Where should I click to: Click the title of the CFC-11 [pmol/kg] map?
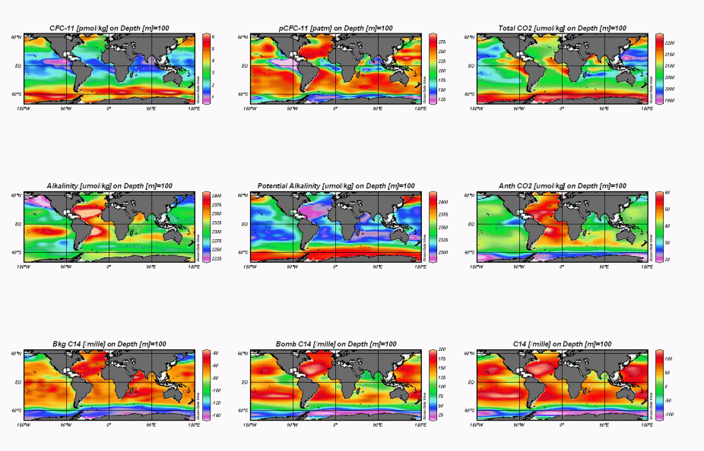point(108,28)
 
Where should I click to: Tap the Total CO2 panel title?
point(563,28)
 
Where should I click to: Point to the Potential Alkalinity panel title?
point(335,186)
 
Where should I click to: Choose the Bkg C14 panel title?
point(108,344)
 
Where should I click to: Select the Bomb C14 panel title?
point(335,344)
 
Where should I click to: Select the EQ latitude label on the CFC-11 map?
point(17,66)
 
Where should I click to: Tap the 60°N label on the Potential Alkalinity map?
point(243,195)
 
